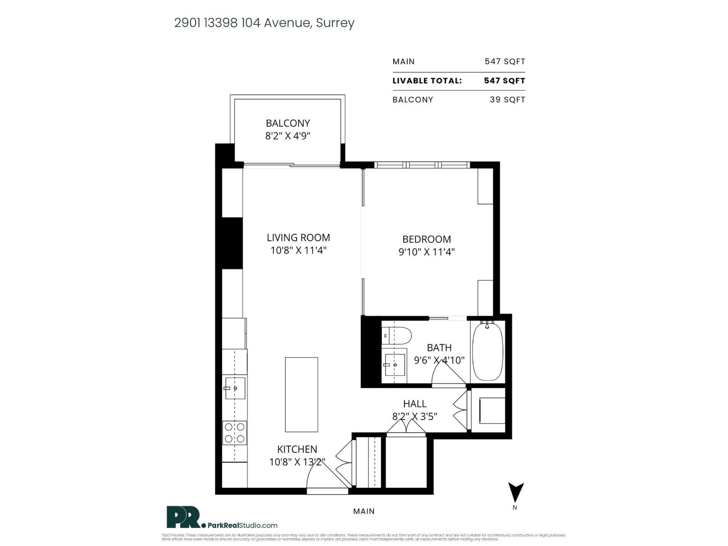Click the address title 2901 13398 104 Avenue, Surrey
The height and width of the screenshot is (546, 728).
click(264, 23)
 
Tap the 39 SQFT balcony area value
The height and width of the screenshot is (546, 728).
click(507, 100)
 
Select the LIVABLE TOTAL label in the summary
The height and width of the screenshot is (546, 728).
click(427, 81)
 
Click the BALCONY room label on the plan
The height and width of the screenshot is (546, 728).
click(288, 123)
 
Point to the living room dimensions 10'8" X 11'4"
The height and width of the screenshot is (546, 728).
click(298, 250)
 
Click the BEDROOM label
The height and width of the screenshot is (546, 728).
click(426, 239)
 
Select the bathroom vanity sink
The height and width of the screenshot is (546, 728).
click(394, 364)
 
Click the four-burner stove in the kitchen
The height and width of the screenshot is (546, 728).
click(235, 433)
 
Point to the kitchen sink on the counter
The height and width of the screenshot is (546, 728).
click(235, 388)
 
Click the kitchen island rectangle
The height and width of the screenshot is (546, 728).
click(301, 394)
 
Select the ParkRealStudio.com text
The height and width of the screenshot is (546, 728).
click(243, 526)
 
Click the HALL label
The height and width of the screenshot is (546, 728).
click(415, 404)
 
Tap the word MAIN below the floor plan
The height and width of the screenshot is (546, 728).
click(364, 511)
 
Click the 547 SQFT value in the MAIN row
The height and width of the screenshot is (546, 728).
click(505, 61)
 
